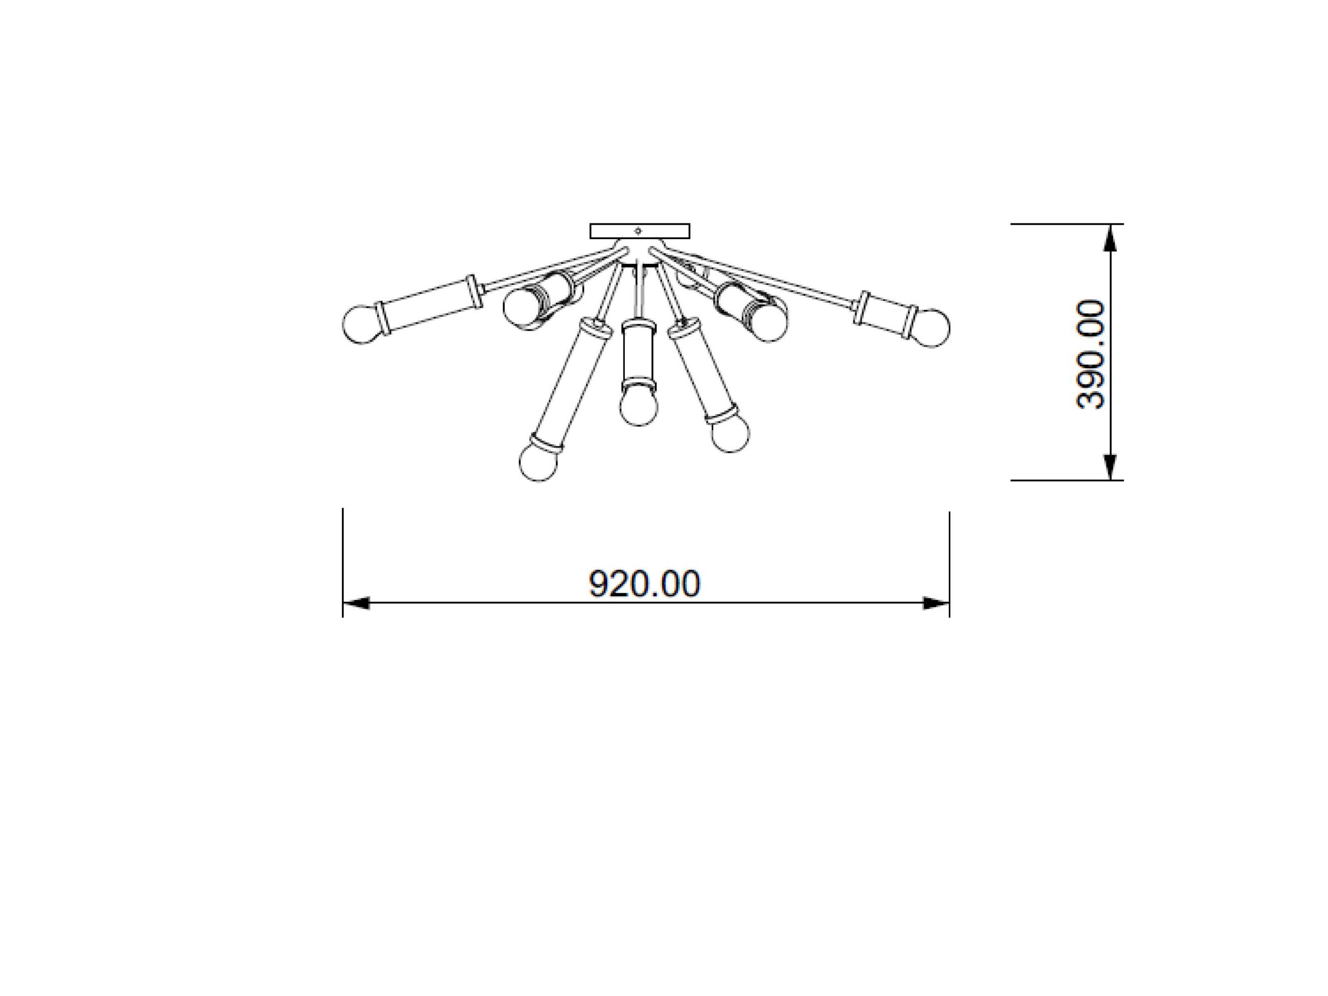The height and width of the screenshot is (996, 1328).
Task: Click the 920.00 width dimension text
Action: (644, 584)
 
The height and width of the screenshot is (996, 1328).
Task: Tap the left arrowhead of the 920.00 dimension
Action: (356, 603)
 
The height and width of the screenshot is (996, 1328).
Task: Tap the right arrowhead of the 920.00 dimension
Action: (935, 603)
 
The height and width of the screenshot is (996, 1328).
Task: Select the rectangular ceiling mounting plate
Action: (639, 231)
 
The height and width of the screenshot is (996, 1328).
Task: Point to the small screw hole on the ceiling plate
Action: (638, 230)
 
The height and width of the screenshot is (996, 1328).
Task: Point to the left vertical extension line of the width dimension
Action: (343, 562)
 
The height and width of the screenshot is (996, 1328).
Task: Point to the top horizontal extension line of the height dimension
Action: (1066, 224)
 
